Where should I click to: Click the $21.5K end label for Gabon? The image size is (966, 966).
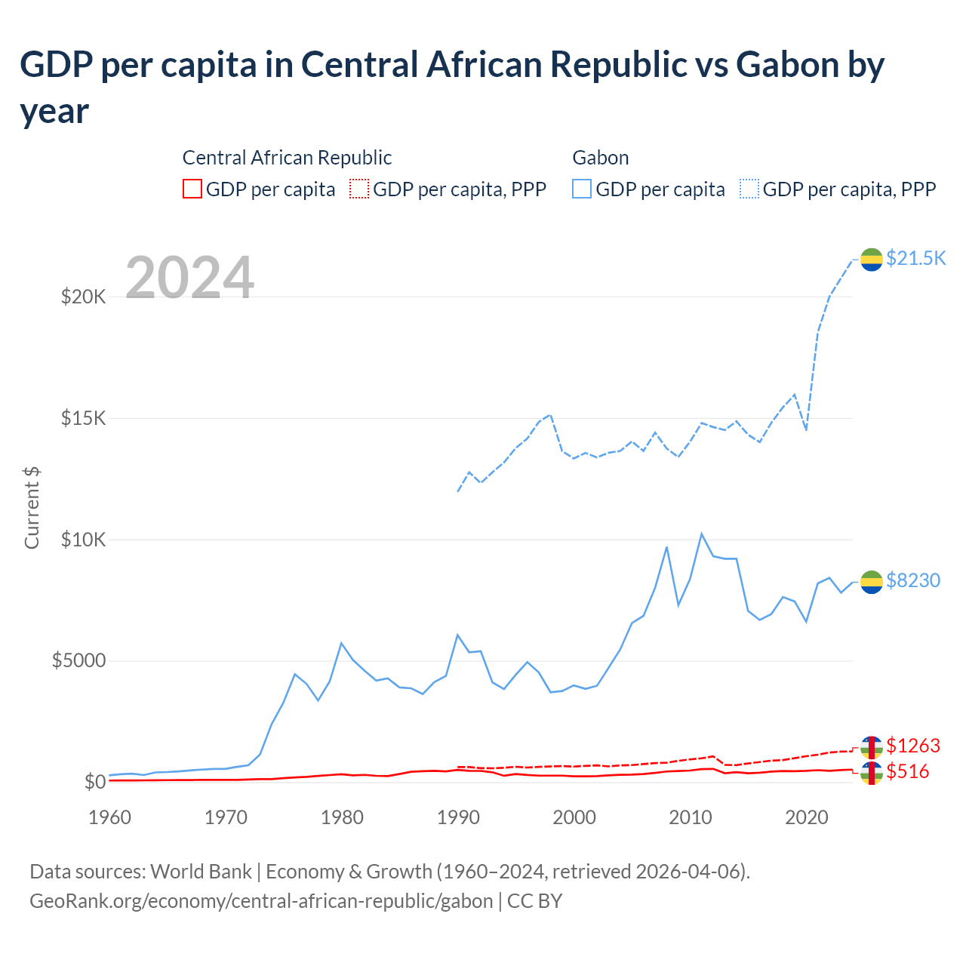tap(915, 258)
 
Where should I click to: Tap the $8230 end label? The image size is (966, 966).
tap(913, 580)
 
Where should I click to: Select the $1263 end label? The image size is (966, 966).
tap(913, 746)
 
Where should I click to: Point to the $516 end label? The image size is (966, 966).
tap(908, 771)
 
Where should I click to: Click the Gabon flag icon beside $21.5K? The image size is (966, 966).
tap(872, 259)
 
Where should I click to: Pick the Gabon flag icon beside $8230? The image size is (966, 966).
tap(872, 582)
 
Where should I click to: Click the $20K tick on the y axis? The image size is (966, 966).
tap(84, 297)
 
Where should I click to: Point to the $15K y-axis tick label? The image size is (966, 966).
tap(84, 418)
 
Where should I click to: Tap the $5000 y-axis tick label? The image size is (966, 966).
tap(78, 661)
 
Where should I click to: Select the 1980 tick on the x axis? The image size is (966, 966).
tap(343, 817)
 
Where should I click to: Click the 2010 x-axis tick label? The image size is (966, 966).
tap(691, 817)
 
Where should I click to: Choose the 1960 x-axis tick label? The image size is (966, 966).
tap(110, 817)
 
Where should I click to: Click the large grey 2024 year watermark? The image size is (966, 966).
tap(189, 278)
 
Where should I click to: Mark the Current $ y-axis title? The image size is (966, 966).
tap(32, 507)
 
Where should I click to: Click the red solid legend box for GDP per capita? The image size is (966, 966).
tap(192, 189)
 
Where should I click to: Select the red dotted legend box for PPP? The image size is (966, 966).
tap(359, 189)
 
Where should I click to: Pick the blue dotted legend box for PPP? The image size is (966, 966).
tap(749, 189)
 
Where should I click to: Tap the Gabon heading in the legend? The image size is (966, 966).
tap(601, 158)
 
